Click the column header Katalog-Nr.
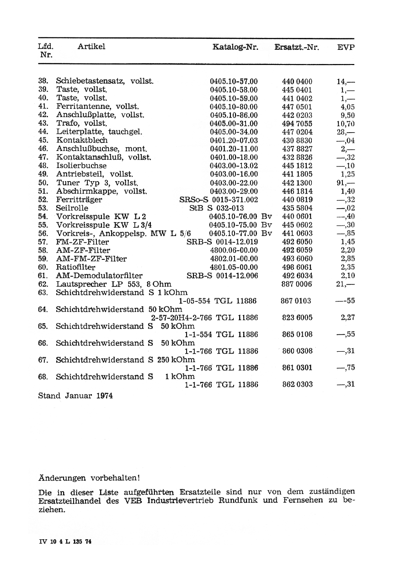click(x=235, y=47)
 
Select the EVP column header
click(x=346, y=47)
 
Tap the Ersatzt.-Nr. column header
click(x=297, y=47)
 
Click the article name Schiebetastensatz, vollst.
click(x=104, y=81)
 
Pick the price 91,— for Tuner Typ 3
click(x=346, y=183)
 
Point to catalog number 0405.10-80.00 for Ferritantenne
click(x=234, y=107)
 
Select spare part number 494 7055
click(x=297, y=123)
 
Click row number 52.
click(x=43, y=199)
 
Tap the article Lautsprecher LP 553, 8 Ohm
click(x=113, y=284)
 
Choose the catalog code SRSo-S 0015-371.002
click(x=219, y=199)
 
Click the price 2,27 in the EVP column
click(x=348, y=317)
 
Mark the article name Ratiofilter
click(x=75, y=267)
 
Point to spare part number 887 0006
click(x=297, y=284)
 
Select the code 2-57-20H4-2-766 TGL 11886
click(x=204, y=317)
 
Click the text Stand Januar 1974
click(x=75, y=395)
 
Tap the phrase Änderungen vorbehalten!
click(x=88, y=478)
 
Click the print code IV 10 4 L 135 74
click(x=65, y=541)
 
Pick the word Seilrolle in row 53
click(x=72, y=208)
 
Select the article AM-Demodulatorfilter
click(x=99, y=275)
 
